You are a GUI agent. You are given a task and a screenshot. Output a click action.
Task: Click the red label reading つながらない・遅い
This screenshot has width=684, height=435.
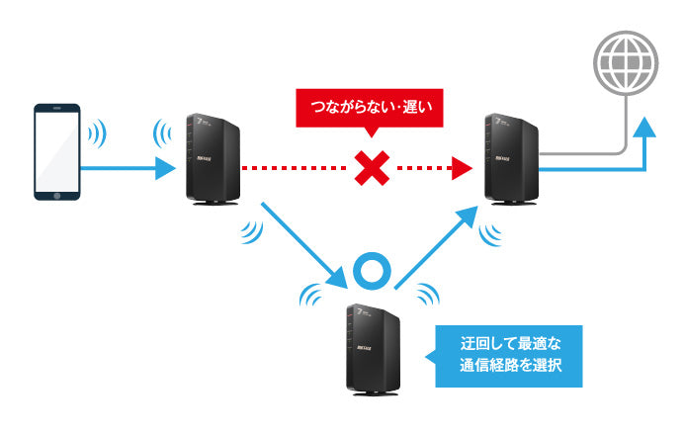click(x=371, y=105)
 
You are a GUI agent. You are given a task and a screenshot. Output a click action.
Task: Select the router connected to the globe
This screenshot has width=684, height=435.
click(x=511, y=160)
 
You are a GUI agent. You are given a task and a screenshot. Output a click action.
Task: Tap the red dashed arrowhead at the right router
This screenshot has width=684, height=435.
click(x=458, y=169)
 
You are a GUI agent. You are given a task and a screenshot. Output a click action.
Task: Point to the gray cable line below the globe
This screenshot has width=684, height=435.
click(x=622, y=119)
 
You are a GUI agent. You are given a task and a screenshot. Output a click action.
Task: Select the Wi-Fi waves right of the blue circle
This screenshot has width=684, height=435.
click(x=428, y=294)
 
